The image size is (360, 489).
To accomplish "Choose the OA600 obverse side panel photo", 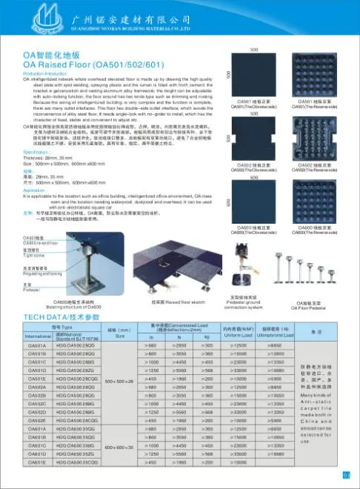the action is click(x=254, y=202).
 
